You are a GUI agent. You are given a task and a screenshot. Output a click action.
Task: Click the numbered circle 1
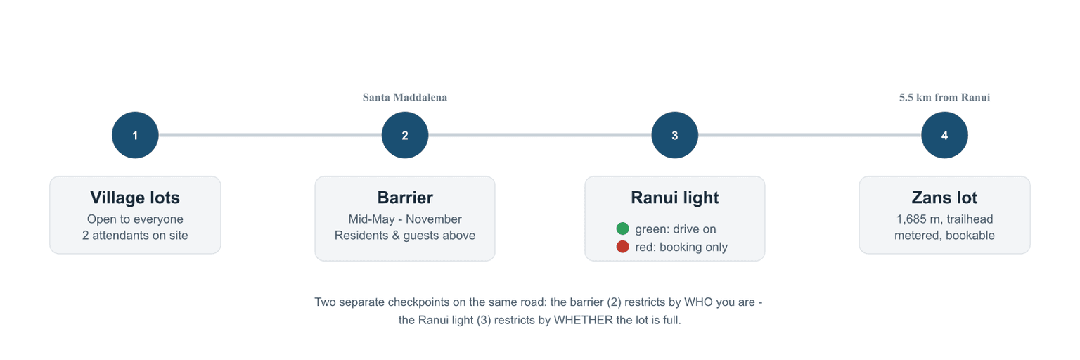click(x=135, y=135)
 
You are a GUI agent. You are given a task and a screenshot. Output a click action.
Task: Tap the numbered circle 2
click(x=405, y=135)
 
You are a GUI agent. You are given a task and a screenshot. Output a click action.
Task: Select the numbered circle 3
click(x=675, y=135)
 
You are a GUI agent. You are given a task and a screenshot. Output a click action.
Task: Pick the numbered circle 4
click(x=944, y=135)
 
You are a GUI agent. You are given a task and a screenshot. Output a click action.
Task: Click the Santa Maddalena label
click(x=405, y=97)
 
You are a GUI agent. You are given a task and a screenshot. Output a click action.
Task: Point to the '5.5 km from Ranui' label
click(x=944, y=97)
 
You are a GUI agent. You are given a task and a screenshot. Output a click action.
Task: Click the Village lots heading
click(x=135, y=198)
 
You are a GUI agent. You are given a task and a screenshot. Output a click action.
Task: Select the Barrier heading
click(x=405, y=198)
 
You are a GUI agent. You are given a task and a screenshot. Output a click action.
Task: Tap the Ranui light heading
click(x=675, y=198)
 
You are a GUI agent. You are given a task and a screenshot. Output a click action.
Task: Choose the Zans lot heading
click(x=944, y=198)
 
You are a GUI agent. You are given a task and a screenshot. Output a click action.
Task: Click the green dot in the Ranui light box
click(x=622, y=229)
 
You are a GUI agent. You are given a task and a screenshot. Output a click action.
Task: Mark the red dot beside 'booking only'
click(x=622, y=247)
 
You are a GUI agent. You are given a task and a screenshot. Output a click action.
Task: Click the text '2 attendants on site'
click(x=135, y=235)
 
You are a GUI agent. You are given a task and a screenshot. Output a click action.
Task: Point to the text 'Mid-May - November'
click(x=405, y=219)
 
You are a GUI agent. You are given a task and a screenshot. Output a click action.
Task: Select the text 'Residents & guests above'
click(x=405, y=235)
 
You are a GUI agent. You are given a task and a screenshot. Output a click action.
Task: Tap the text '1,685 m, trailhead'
click(x=944, y=219)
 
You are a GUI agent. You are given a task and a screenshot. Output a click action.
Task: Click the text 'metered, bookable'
click(x=944, y=235)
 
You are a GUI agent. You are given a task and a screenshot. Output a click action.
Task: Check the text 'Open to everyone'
click(x=135, y=219)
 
